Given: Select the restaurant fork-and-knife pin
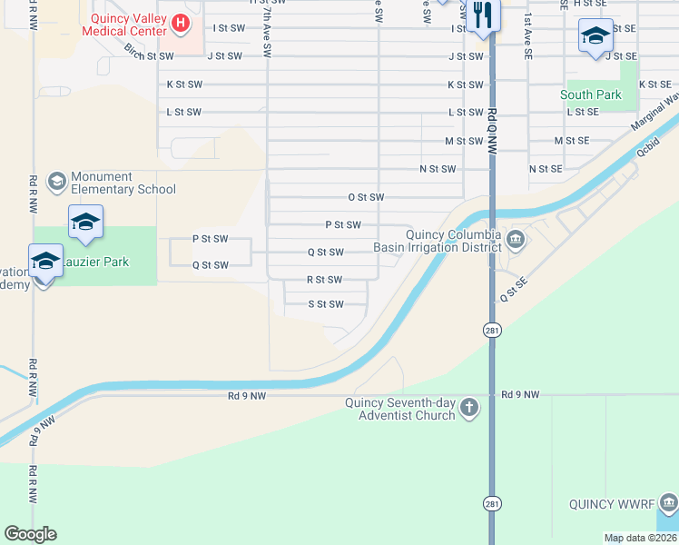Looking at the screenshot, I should [481, 16].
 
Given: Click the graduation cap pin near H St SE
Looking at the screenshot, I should [595, 36].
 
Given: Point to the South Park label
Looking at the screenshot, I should [590, 94].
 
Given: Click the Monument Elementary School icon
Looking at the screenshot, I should [57, 182].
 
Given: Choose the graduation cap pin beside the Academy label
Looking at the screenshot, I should [45, 262].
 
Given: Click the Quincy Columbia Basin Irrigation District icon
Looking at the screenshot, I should [516, 240].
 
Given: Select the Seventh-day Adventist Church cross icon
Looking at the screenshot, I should [468, 408].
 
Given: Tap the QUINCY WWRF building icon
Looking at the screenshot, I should [668, 502].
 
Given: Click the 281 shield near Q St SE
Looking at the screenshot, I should [491, 331].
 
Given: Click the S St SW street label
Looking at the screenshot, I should [325, 304].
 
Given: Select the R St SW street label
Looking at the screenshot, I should [324, 280].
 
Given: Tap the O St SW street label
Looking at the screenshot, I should [366, 197].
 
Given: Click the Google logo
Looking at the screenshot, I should [30, 534].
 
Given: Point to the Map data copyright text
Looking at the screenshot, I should [641, 538].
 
